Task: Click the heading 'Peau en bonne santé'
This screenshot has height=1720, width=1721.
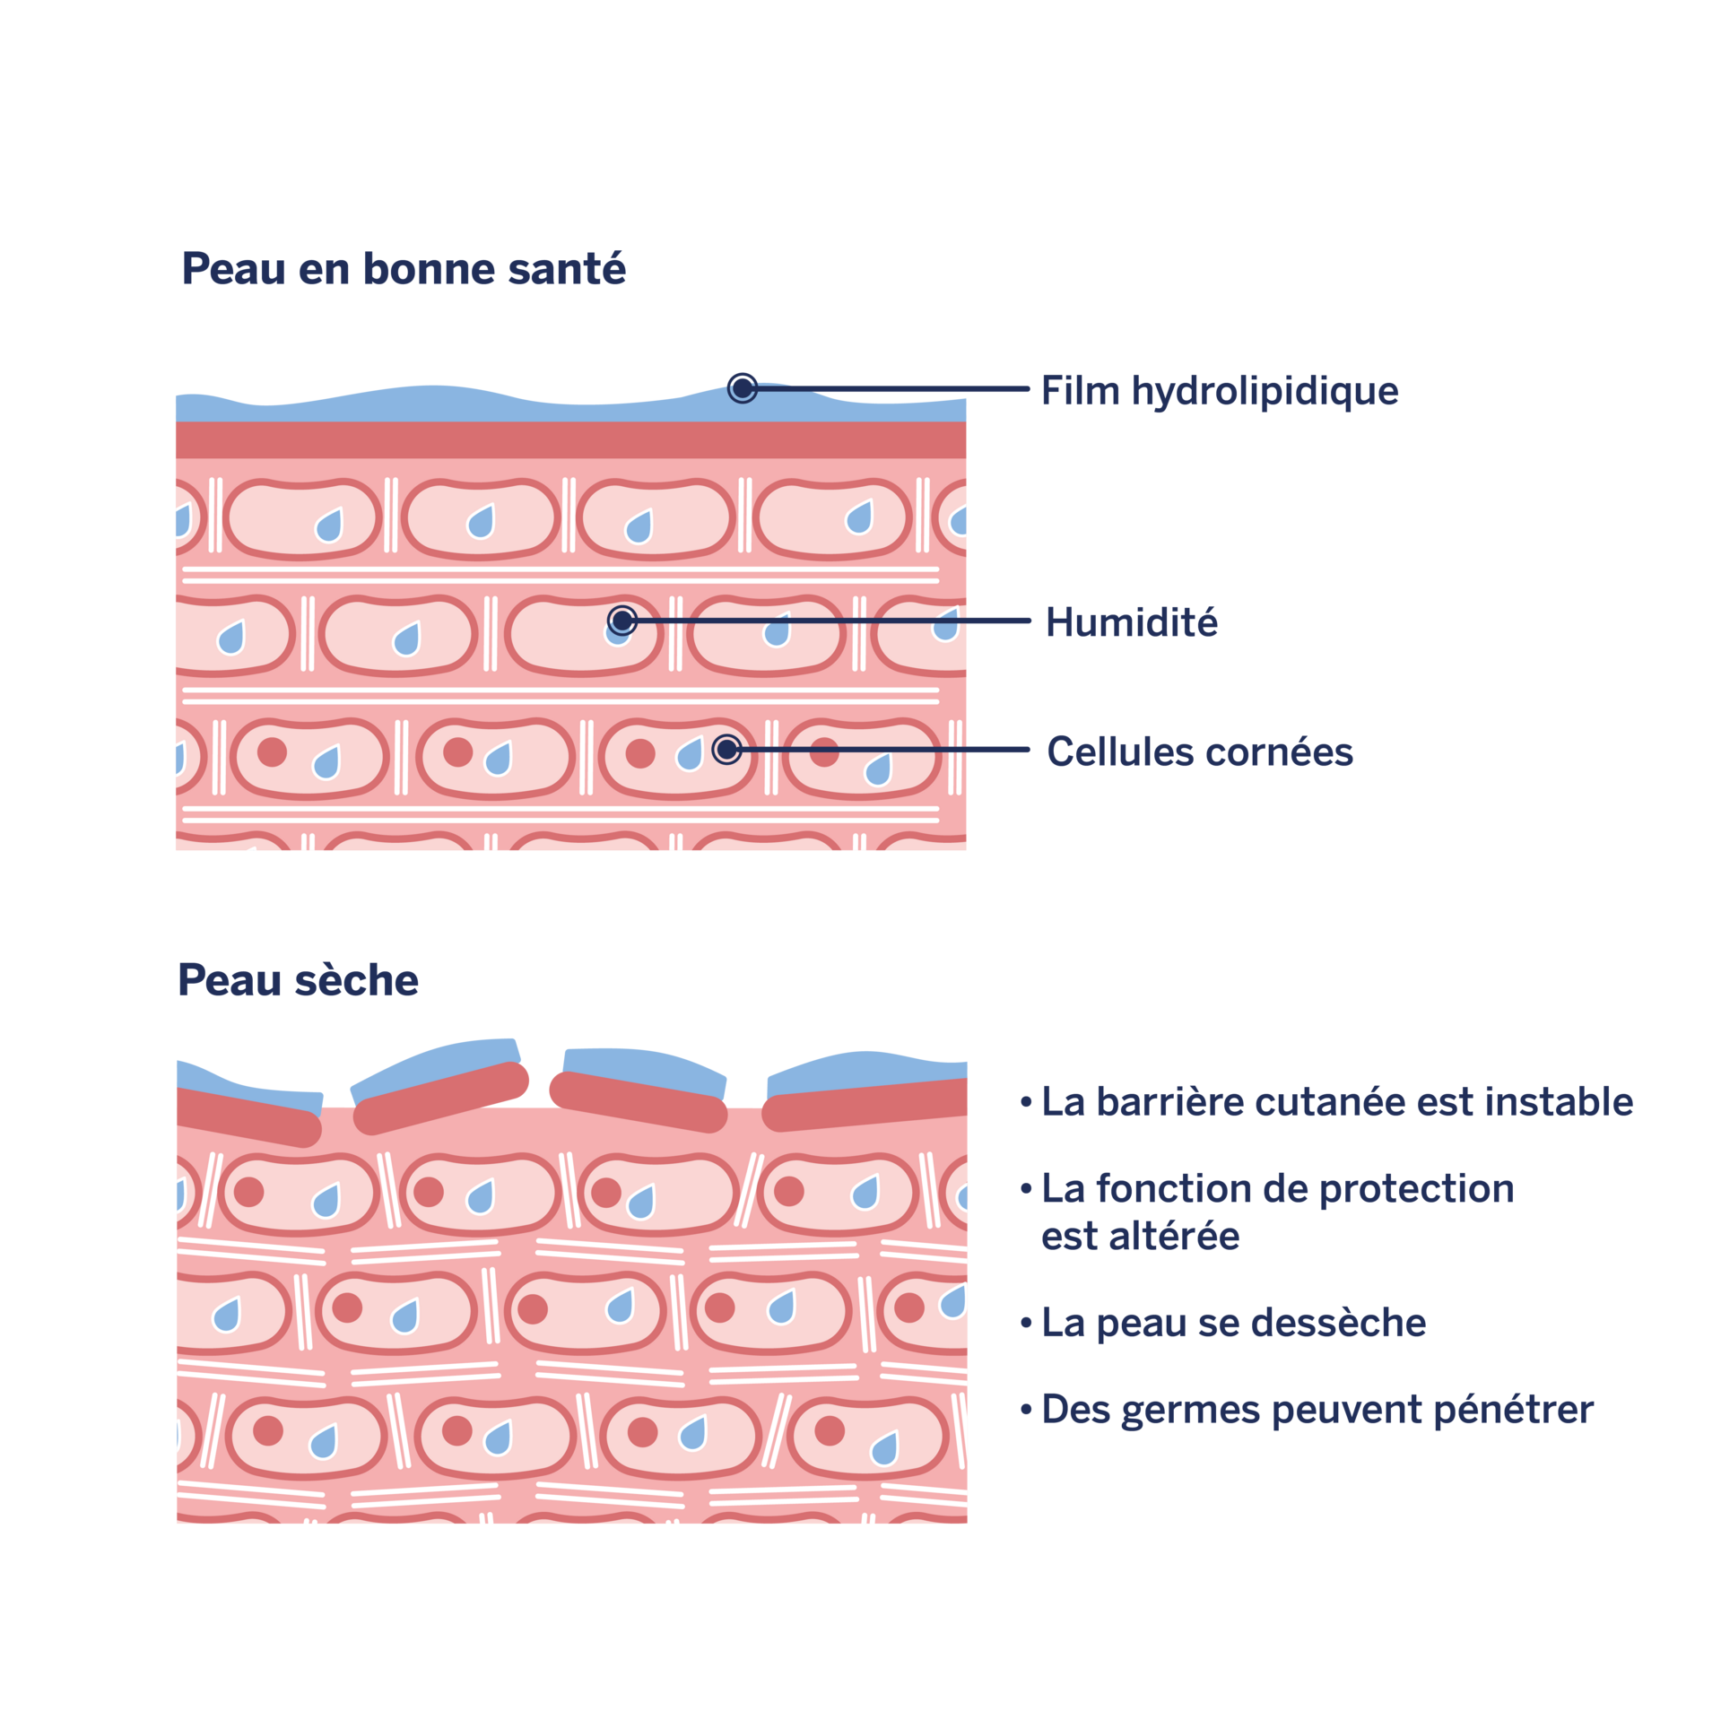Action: click(x=404, y=268)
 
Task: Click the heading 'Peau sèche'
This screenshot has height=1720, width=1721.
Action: click(x=298, y=979)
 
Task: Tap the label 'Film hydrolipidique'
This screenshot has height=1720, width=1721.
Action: click(x=1220, y=391)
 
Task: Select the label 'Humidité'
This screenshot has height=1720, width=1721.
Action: click(x=1132, y=621)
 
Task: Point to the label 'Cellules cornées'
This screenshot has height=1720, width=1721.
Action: click(x=1200, y=751)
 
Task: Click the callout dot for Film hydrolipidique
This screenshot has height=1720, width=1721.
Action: click(x=742, y=388)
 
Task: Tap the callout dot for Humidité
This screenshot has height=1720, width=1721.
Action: click(x=622, y=621)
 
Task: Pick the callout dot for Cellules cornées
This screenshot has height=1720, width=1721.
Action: click(x=727, y=749)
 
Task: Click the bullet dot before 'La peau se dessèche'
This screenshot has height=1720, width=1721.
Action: click(x=1026, y=1324)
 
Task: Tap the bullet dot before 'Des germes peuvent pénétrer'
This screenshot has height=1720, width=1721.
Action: click(x=1026, y=1411)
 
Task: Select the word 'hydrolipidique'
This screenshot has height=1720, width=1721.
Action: click(x=1265, y=391)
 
